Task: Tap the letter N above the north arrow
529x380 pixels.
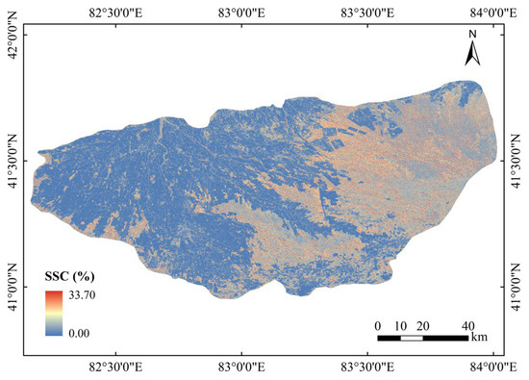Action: click(x=473, y=35)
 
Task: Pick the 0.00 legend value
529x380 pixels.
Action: click(x=80, y=331)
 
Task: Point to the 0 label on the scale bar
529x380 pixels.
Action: click(x=378, y=323)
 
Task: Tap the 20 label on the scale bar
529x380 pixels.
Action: click(x=424, y=323)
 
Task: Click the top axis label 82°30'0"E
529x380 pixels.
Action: click(x=117, y=12)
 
